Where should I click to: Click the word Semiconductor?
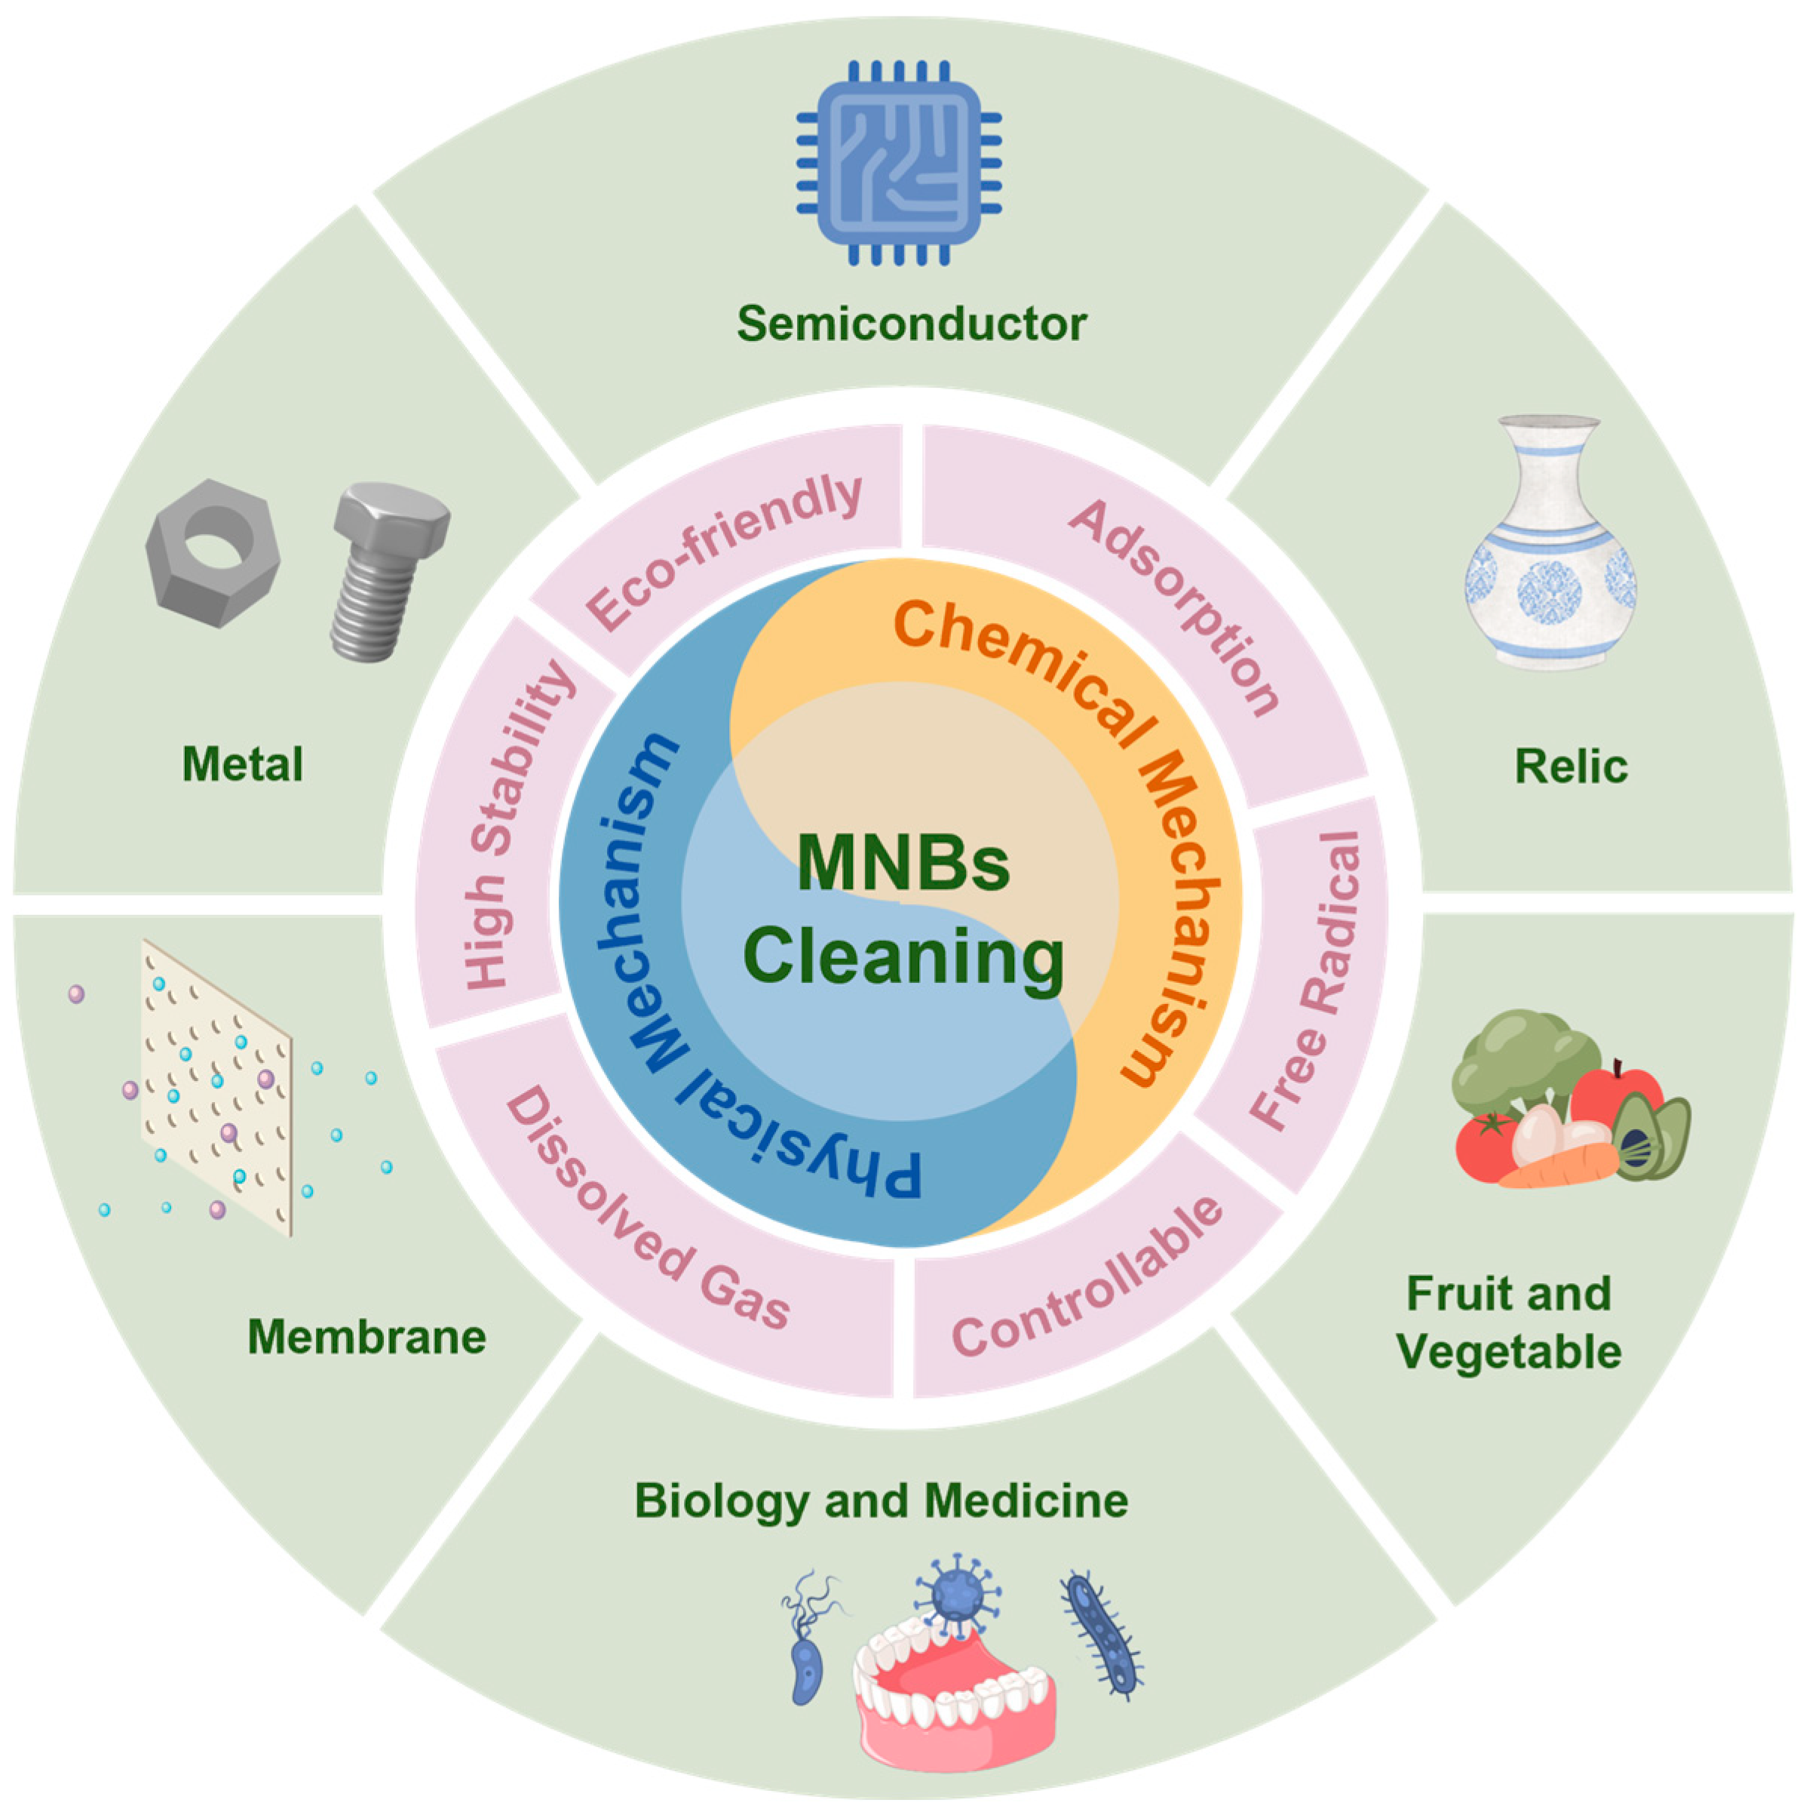(x=910, y=324)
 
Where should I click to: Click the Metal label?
(x=242, y=763)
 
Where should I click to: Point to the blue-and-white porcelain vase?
(x=1550, y=545)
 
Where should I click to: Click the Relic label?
(x=1570, y=766)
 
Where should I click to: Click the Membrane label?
(x=366, y=1337)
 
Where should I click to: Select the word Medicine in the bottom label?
(x=1026, y=1501)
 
